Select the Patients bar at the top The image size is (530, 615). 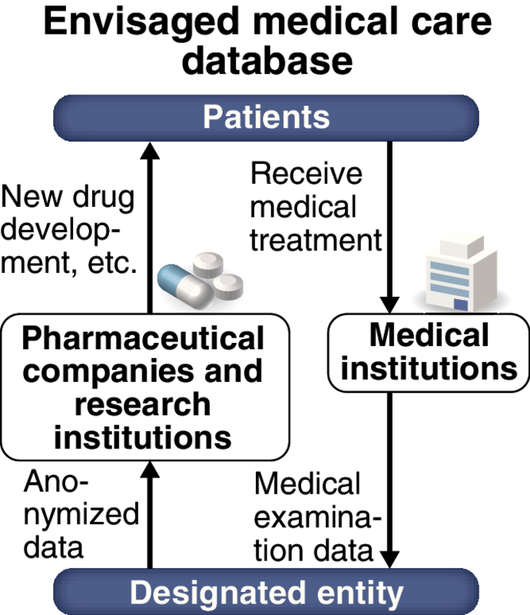(265, 118)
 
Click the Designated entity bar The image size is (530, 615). (265, 593)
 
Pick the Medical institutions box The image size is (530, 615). (429, 352)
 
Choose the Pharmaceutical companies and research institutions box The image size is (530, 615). (144, 387)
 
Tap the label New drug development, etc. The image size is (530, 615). (69, 231)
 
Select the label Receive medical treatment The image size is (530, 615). (315, 207)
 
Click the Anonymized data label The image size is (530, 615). (71, 515)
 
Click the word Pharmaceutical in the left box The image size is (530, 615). (144, 338)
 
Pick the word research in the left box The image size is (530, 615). (144, 404)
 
